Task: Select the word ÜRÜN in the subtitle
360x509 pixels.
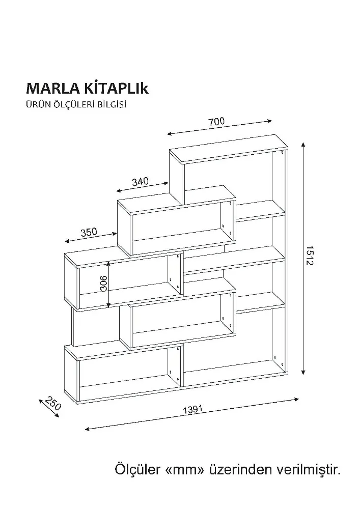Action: pos(36,105)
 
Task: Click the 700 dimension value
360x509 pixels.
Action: pos(216,122)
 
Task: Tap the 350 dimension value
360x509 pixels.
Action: pos(89,233)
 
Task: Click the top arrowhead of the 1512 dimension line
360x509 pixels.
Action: pos(303,146)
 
